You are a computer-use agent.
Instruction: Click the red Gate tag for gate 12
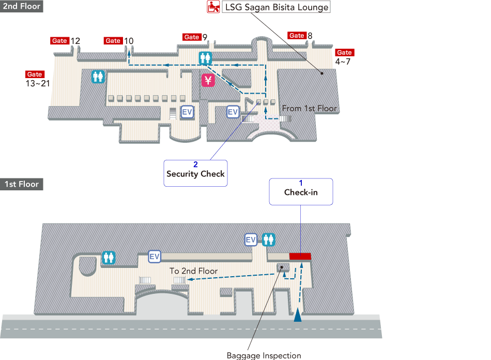click(x=60, y=41)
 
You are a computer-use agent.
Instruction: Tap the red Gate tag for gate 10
click(x=113, y=41)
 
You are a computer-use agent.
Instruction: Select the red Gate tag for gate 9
click(x=192, y=37)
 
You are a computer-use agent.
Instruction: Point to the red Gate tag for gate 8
click(x=297, y=36)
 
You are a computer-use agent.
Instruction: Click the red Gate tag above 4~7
click(x=344, y=53)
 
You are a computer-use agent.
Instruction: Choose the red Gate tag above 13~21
click(x=35, y=74)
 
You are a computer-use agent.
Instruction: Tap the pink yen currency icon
click(x=208, y=80)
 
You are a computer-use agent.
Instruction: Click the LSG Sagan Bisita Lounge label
click(x=276, y=8)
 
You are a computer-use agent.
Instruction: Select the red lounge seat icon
click(x=212, y=7)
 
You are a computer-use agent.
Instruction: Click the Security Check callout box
click(x=195, y=173)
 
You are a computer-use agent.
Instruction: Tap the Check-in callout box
click(x=301, y=191)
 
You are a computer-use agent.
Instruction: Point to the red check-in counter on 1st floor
click(x=300, y=256)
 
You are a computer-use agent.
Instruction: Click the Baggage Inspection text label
click(x=264, y=355)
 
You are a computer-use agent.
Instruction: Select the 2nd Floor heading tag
click(x=22, y=7)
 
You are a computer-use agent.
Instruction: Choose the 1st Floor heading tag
click(x=22, y=184)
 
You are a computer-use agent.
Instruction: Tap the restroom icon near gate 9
click(x=206, y=57)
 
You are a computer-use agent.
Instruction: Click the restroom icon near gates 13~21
click(x=98, y=77)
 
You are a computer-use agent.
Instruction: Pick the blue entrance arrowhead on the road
click(x=298, y=316)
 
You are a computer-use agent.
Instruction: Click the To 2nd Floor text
click(x=193, y=271)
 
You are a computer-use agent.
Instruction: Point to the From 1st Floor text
click(x=309, y=109)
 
